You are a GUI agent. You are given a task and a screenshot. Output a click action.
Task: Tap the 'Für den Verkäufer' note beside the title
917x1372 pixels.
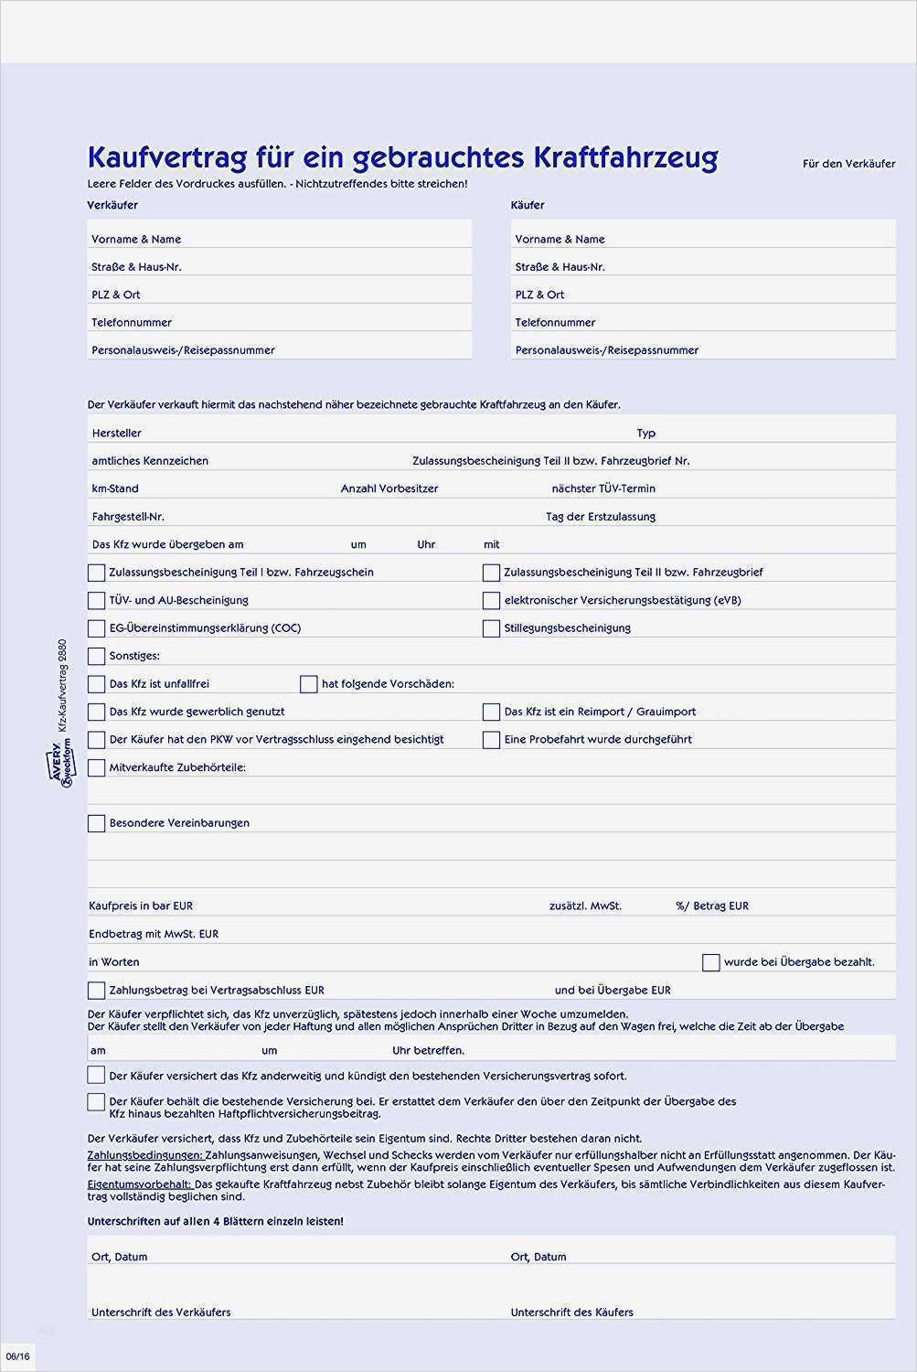click(x=848, y=164)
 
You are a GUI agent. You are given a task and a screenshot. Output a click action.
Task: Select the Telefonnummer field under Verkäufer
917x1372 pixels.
click(x=279, y=322)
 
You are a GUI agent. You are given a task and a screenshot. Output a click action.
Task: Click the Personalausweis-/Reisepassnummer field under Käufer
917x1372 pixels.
click(x=702, y=349)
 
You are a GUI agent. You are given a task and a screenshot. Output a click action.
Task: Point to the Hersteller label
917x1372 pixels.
click(x=116, y=433)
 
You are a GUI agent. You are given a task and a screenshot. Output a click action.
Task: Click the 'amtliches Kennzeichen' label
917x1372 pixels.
click(x=150, y=461)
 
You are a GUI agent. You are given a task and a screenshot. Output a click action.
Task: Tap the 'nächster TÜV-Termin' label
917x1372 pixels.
click(x=602, y=488)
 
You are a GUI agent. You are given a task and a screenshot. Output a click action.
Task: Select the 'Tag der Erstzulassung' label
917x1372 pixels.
click(x=600, y=517)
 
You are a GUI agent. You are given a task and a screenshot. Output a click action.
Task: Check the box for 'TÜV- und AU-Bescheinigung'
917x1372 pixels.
click(x=96, y=601)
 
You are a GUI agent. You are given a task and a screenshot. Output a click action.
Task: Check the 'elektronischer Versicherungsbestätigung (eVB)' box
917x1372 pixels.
click(x=491, y=601)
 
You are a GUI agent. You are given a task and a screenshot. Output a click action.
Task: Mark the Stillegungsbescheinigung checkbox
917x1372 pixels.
click(x=491, y=628)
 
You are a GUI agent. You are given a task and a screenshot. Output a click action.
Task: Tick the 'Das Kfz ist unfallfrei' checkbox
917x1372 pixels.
click(x=96, y=684)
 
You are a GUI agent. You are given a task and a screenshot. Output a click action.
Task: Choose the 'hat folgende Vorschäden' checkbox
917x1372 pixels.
click(x=308, y=684)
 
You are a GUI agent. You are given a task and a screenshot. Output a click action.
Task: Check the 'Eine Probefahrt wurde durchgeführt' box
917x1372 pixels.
click(x=491, y=740)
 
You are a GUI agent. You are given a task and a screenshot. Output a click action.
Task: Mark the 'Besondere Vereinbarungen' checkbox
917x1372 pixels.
click(x=96, y=823)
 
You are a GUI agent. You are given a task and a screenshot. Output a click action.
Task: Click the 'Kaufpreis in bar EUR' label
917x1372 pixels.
click(x=141, y=906)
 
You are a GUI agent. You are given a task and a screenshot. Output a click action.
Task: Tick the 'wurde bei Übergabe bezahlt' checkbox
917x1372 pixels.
click(x=710, y=962)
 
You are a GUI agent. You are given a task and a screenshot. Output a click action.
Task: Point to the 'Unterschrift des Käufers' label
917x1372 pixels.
click(x=571, y=1312)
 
